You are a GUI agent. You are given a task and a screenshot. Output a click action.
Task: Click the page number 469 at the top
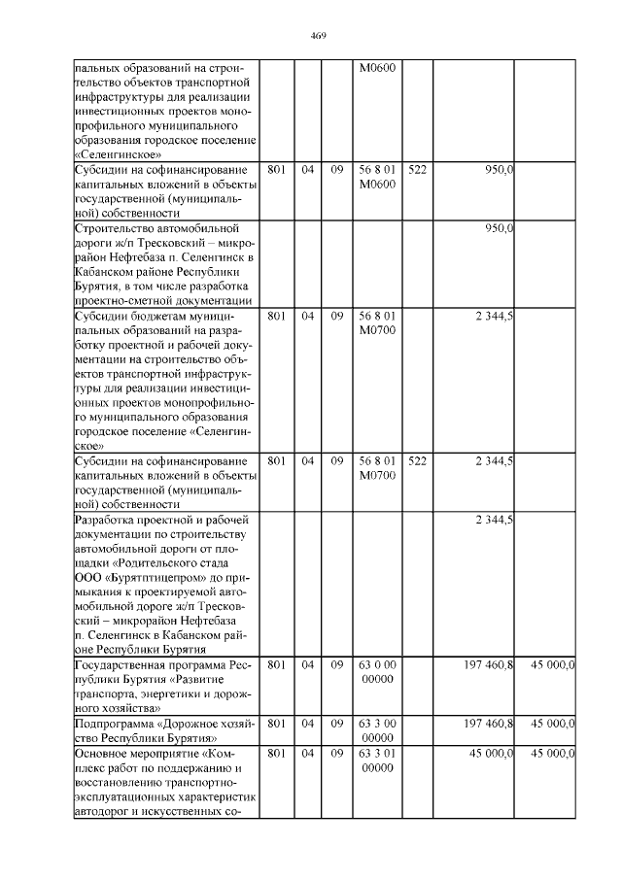pos(317,36)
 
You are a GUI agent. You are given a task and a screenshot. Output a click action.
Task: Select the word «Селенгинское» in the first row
pos(119,154)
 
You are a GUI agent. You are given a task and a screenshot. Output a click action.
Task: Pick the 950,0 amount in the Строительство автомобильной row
pos(499,228)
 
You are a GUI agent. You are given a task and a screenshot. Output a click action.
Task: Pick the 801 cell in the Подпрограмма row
pos(276,724)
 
